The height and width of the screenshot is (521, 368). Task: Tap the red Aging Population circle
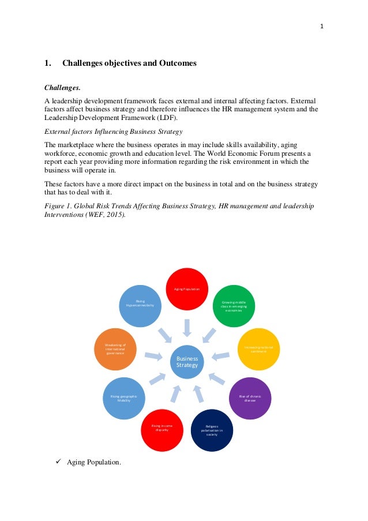click(x=186, y=289)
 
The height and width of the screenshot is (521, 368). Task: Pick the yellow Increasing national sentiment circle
click(x=258, y=349)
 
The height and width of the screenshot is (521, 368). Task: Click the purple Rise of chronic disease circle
click(x=250, y=398)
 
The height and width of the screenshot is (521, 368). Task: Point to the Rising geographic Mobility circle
click(x=123, y=398)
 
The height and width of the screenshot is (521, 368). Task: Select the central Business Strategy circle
click(x=187, y=362)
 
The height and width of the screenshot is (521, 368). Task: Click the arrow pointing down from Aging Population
click(x=186, y=328)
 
